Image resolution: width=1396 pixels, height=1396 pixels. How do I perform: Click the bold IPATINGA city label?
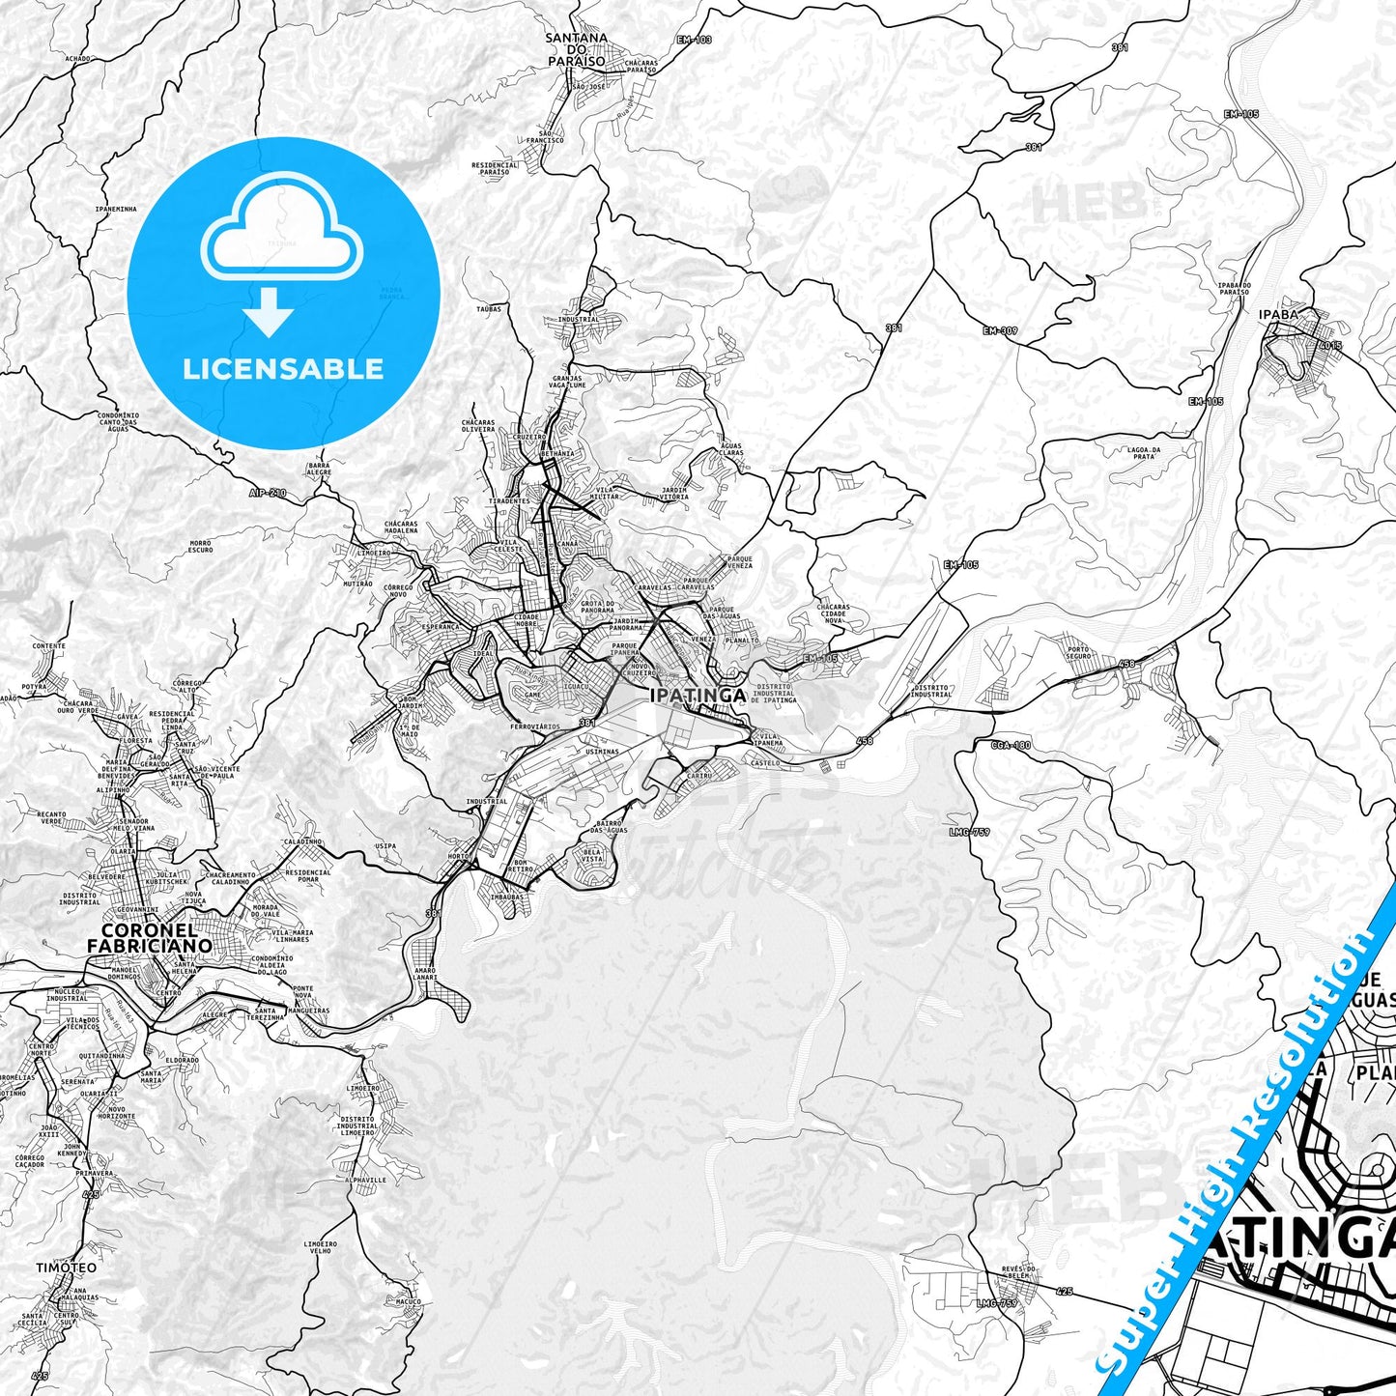pos(698,696)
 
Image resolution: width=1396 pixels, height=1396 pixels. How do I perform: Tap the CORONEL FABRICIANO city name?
pos(150,938)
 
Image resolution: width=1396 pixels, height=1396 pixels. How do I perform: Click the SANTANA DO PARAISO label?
pos(577,49)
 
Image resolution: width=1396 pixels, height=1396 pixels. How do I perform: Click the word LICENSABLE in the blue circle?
pos(283,368)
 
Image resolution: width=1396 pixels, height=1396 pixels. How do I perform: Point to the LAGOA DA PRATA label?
pos(1144,452)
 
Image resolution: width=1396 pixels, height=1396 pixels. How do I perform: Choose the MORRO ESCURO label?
pos(200,547)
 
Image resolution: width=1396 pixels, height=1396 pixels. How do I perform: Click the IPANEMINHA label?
pos(116,209)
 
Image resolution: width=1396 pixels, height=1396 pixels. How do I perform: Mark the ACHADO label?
pos(77,59)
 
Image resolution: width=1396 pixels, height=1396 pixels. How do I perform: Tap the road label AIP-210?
pos(268,493)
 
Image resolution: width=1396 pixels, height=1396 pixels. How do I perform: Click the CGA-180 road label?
pos(1011,745)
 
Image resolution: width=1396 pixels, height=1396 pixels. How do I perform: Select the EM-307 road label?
pos(1000,331)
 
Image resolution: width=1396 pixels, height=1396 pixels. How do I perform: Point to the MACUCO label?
pos(409,1301)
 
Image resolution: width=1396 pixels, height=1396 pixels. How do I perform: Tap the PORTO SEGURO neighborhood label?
pos(1077,653)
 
